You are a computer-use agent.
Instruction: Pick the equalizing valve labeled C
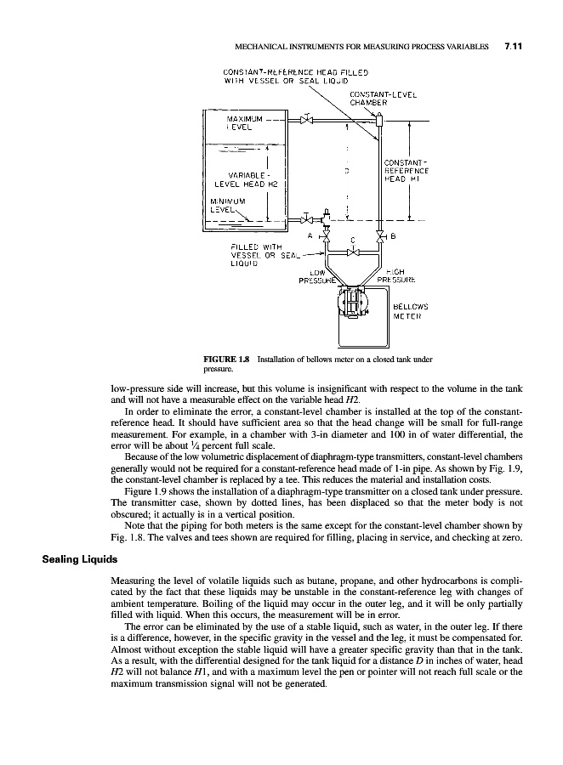354,252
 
